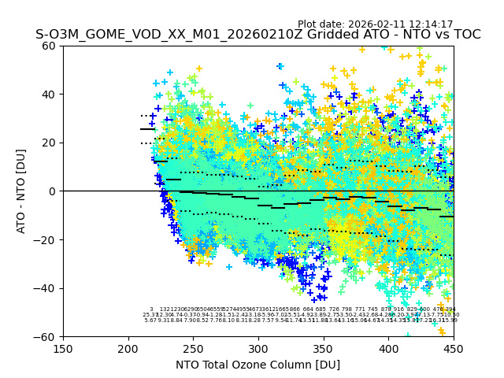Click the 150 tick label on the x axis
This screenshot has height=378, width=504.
click(63, 349)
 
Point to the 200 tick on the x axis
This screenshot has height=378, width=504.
click(128, 349)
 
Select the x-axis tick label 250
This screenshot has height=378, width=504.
click(194, 349)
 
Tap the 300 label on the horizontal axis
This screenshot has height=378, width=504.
click(258, 349)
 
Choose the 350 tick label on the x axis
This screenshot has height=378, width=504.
click(324, 349)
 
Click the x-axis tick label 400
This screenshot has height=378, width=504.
click(389, 349)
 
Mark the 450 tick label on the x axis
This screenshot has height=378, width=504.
click(454, 349)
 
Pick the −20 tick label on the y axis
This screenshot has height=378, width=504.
click(46, 239)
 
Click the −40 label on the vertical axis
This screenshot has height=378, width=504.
click(46, 288)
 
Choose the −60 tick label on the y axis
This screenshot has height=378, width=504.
click(46, 336)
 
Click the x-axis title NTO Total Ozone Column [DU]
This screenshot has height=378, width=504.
click(258, 365)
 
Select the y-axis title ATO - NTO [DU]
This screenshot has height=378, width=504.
click(21, 191)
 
